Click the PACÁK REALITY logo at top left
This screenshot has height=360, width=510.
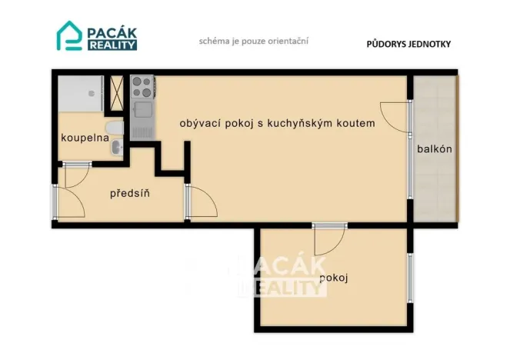pos(97,35)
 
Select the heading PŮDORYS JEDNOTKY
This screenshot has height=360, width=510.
pos(408,44)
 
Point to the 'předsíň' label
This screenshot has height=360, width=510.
pos(129,192)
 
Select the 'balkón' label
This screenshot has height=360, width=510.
pos(434,149)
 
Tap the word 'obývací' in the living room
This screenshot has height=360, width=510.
pos(198,123)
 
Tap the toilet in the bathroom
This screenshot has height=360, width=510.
pos(114,128)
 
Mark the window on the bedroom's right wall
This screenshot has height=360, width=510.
pos(411,275)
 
